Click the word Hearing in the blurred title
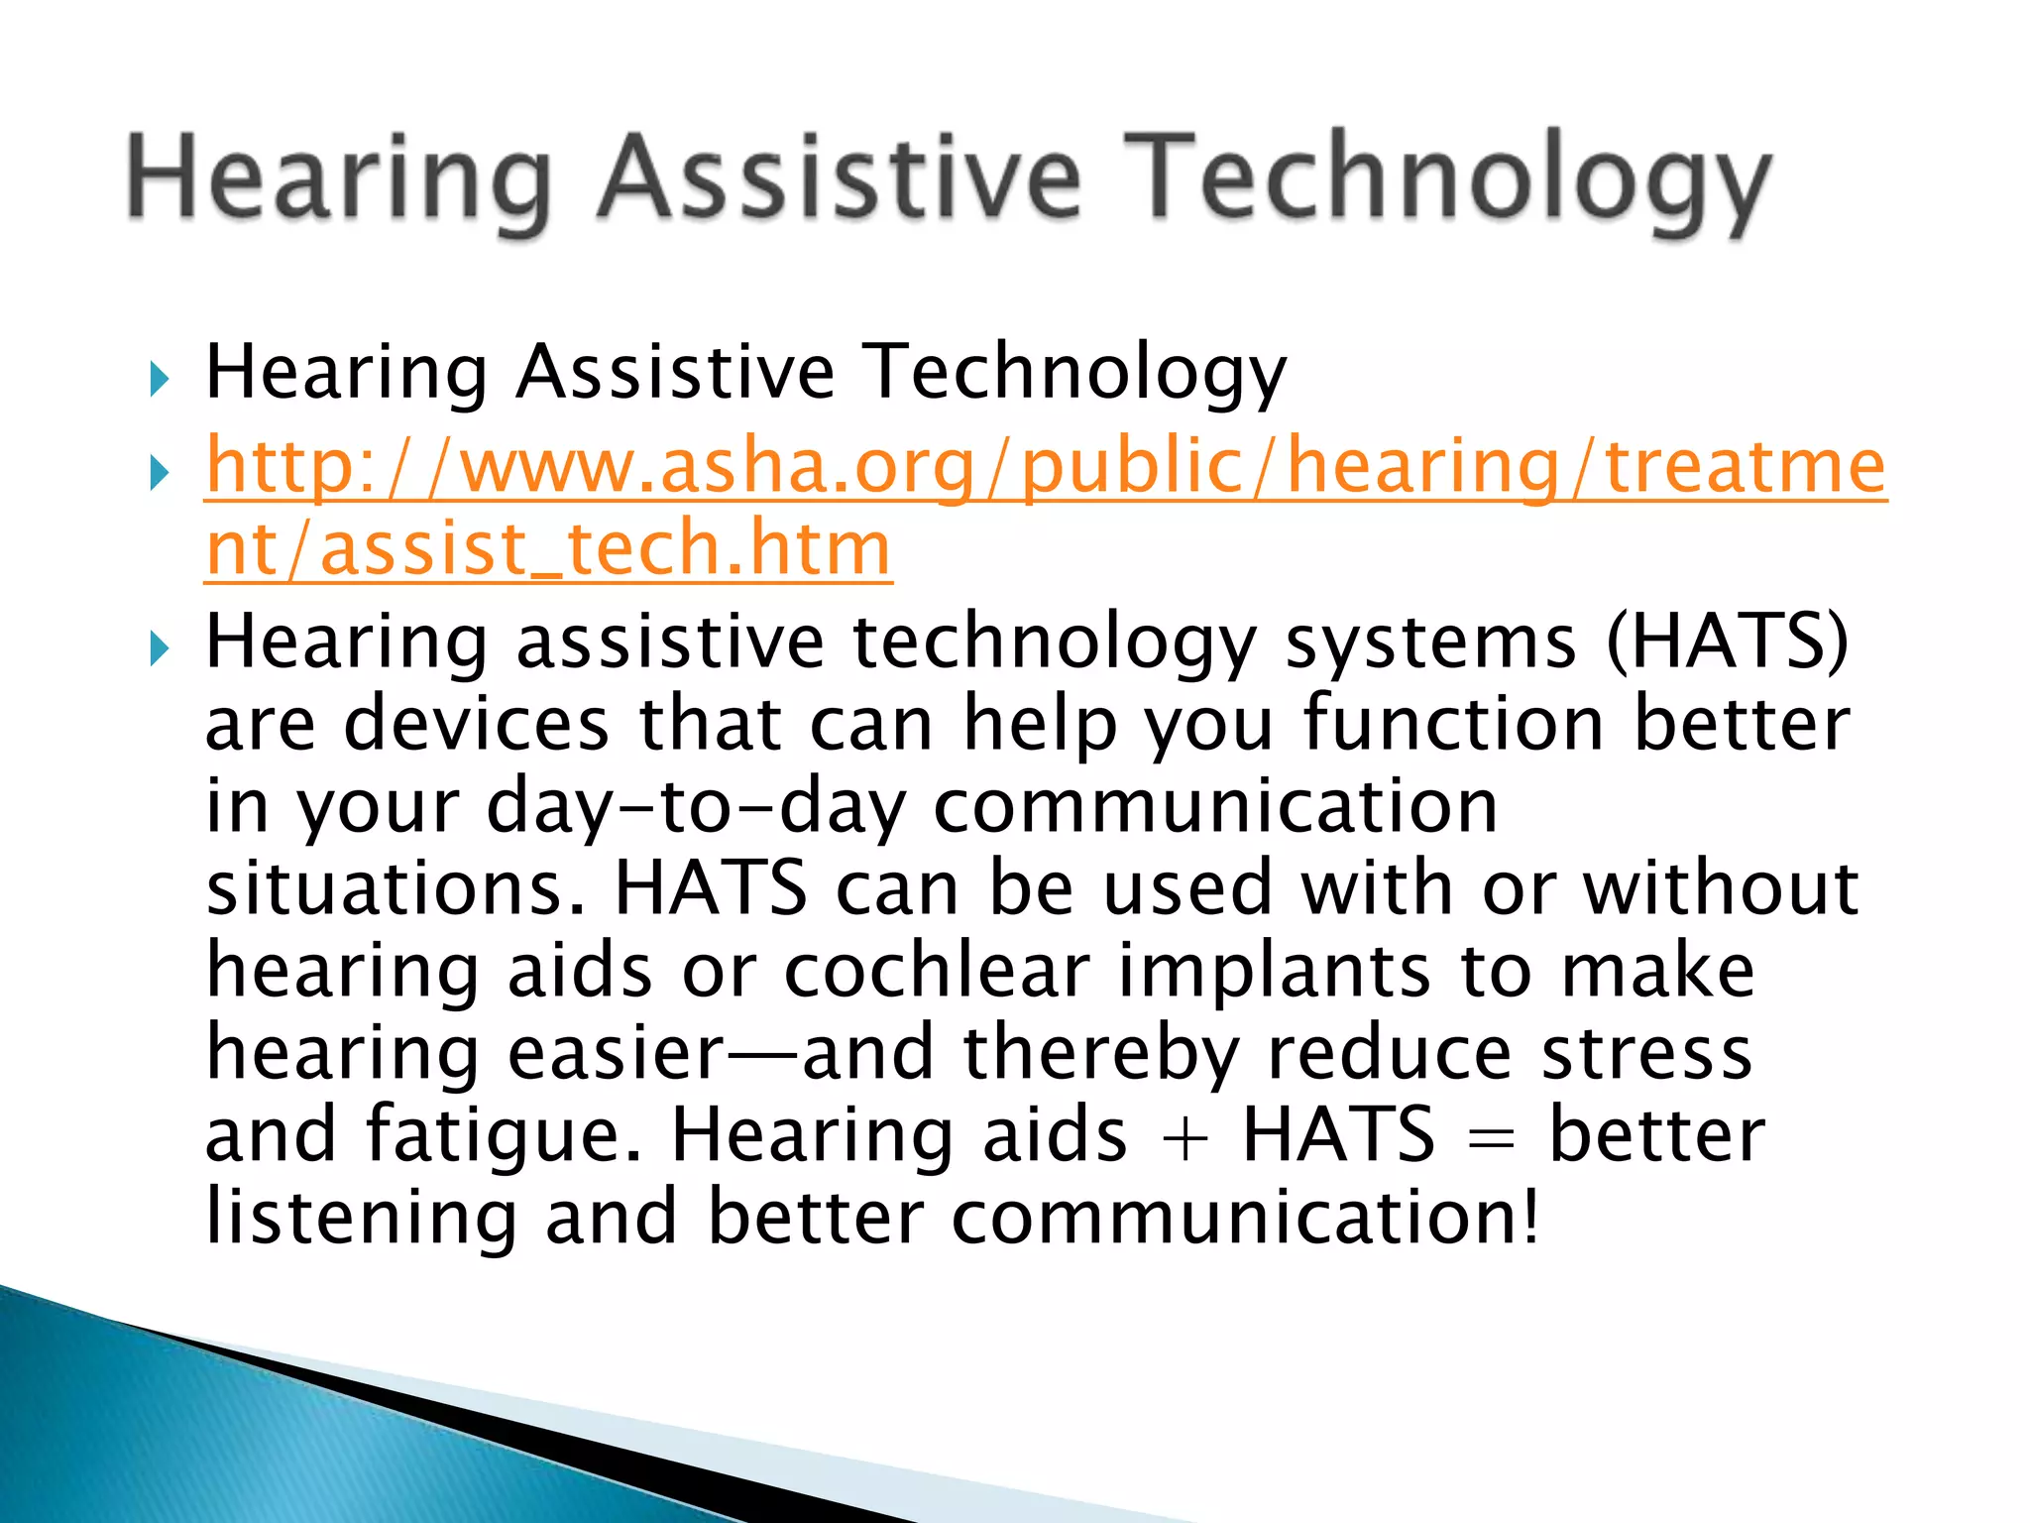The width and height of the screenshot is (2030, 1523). [x=337, y=178]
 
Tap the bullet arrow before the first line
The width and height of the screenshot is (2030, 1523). [x=159, y=379]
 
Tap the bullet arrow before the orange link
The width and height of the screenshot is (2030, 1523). [x=159, y=473]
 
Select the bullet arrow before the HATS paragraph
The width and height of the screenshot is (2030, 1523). [x=159, y=649]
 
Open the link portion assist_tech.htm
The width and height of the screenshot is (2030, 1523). [x=605, y=548]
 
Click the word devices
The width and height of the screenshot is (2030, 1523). [x=476, y=724]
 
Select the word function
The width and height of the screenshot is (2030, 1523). [x=1452, y=724]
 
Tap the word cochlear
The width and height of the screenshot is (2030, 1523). [x=937, y=971]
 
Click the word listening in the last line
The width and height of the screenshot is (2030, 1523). [x=362, y=1218]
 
